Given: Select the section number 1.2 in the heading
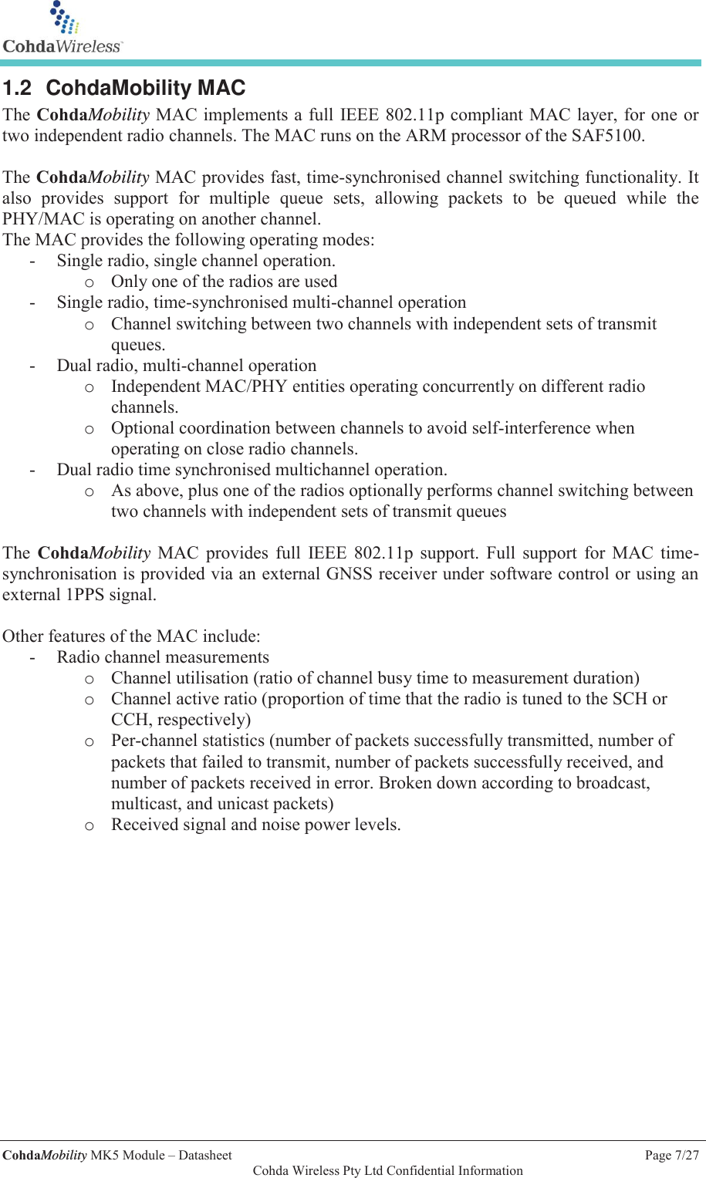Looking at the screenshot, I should [x=17, y=88].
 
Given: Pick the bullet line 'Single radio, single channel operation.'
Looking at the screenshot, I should [x=196, y=261].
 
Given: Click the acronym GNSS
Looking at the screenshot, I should [x=350, y=574].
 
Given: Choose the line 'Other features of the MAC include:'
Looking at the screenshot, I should [x=131, y=636].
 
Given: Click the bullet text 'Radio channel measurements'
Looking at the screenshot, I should [x=163, y=657].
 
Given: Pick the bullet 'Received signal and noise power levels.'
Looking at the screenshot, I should [x=255, y=825].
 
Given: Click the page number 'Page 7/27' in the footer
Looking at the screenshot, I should [x=671, y=1155].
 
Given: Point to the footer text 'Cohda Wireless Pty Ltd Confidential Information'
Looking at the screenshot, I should [x=387, y=1170].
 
